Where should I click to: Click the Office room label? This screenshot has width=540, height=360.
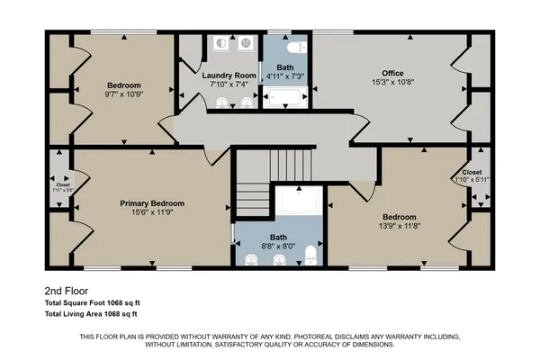[391, 73]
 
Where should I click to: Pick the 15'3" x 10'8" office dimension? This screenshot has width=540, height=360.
[391, 84]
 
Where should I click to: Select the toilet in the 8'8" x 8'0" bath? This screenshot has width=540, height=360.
[310, 256]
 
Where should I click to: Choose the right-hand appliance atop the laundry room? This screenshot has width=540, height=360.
[246, 46]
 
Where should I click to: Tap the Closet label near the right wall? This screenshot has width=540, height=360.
[472, 171]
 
